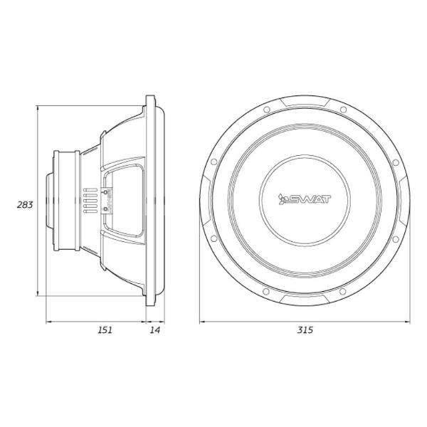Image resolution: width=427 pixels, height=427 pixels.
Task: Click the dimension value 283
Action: [x=25, y=205]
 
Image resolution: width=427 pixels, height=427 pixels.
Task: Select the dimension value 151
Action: [x=105, y=330]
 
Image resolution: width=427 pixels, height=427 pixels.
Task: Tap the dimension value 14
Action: [x=155, y=330]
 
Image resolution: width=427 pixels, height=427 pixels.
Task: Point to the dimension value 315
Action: [x=305, y=330]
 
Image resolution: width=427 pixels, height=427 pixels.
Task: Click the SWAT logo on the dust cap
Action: [x=305, y=199]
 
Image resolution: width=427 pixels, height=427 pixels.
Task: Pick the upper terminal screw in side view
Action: [x=105, y=192]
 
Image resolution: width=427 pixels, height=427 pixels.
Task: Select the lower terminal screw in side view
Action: [x=105, y=209]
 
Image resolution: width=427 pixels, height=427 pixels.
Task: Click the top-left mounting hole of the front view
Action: [x=267, y=110]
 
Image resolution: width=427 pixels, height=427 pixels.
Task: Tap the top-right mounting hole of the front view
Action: [x=344, y=110]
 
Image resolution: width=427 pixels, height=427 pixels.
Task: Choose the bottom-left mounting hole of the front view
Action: [x=266, y=292]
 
